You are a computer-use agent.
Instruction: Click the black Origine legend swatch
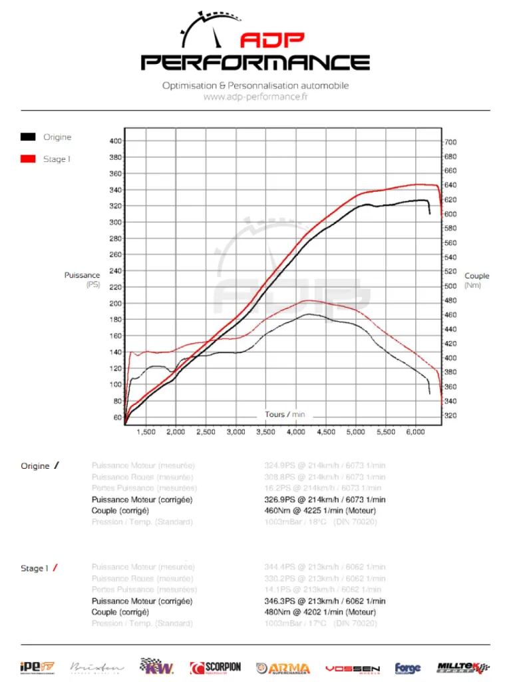click(x=28, y=137)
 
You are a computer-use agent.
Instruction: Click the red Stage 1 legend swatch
click(x=28, y=159)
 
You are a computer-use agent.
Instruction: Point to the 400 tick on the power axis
click(x=115, y=141)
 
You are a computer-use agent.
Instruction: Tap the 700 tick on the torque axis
click(x=450, y=143)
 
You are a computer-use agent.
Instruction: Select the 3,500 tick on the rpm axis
click(x=265, y=432)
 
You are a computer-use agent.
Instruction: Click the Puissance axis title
click(x=82, y=275)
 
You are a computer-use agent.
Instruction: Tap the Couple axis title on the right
click(x=476, y=276)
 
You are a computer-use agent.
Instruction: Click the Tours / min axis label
click(x=285, y=414)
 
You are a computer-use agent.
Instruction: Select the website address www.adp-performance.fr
click(x=255, y=97)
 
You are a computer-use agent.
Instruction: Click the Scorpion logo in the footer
click(x=215, y=667)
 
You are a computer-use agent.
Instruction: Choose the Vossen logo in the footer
click(x=353, y=668)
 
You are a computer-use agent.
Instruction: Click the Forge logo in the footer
click(x=408, y=667)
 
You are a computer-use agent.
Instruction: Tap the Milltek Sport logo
click(x=463, y=667)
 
